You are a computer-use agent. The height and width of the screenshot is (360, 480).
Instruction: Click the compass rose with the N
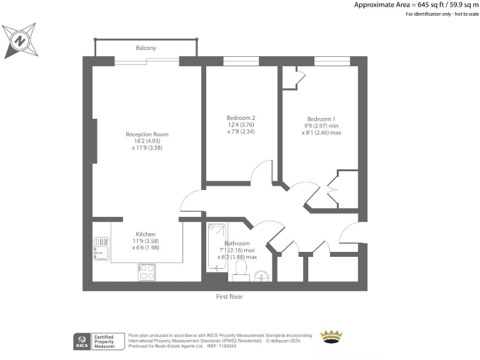19,41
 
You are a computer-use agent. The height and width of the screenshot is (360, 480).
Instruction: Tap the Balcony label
146,48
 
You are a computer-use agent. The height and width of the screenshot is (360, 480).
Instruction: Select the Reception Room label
147,134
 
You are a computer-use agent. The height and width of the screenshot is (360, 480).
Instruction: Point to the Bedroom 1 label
321,119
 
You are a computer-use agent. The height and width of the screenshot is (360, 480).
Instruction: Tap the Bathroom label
237,243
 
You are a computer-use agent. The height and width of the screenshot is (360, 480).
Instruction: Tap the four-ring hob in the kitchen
147,272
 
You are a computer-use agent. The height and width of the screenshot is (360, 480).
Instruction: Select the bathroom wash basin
262,276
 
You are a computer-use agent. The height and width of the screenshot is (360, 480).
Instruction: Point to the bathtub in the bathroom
216,247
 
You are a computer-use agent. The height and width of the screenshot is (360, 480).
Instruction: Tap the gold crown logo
331,337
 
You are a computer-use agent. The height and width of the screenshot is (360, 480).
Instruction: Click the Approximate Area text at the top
416,4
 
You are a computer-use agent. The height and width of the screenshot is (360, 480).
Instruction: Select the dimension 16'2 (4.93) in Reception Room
147,141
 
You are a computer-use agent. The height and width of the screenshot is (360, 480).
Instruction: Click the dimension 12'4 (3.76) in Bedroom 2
241,125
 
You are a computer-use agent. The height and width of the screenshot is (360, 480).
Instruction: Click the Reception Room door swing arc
191,201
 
